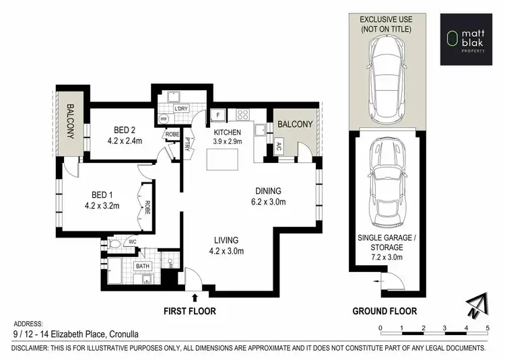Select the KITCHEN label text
click(x=228, y=133)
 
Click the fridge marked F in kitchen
click(x=218, y=115)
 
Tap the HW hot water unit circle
click(x=164, y=119)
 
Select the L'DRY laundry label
click(x=180, y=109)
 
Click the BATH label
click(x=142, y=266)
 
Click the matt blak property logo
click(x=467, y=38)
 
